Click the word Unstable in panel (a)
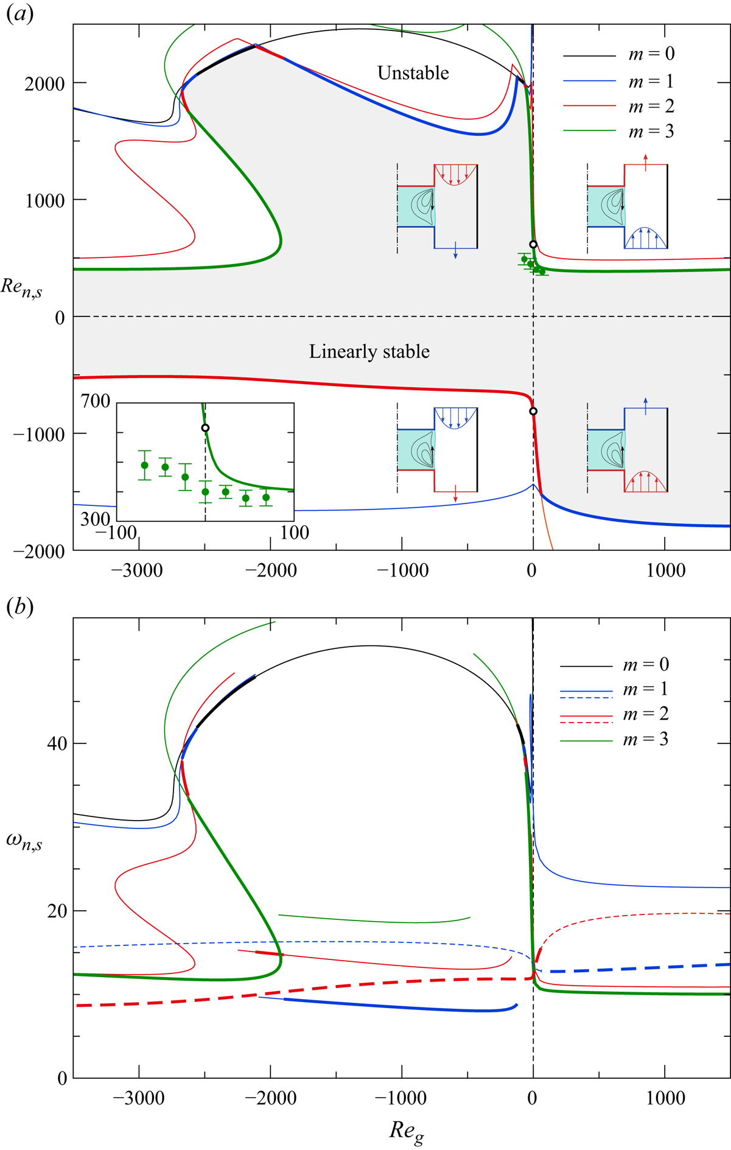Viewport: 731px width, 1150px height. [413, 73]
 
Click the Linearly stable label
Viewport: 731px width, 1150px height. [369, 352]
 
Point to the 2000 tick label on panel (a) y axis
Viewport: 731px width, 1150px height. [44, 83]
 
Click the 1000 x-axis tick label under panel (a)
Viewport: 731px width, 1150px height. [665, 570]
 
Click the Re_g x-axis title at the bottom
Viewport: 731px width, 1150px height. [406, 1131]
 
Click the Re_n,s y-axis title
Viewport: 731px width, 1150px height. [21, 287]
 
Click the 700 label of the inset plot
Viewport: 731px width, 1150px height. [96, 401]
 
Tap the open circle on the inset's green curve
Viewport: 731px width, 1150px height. [205, 428]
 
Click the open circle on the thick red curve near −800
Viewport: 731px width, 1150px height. [533, 412]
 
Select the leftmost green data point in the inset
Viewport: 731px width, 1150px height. [144, 465]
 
